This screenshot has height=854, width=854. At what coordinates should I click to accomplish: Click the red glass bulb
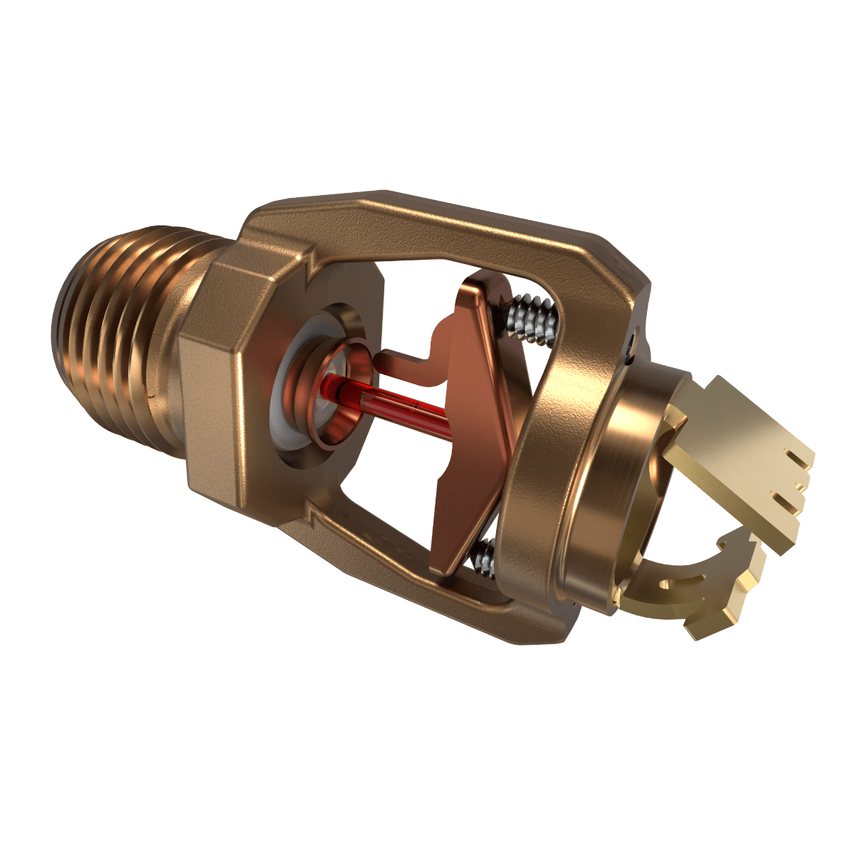point(399,402)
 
